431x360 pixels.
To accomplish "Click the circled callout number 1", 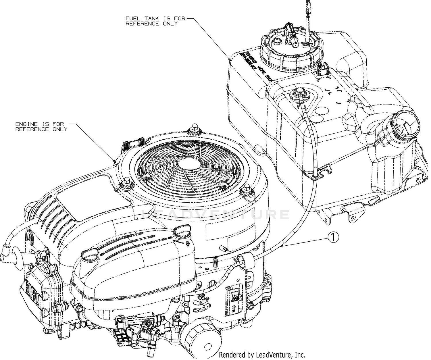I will [x=333, y=237].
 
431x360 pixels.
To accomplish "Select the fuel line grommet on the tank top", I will [x=298, y=93].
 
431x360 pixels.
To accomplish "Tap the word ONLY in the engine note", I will [x=60, y=129].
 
